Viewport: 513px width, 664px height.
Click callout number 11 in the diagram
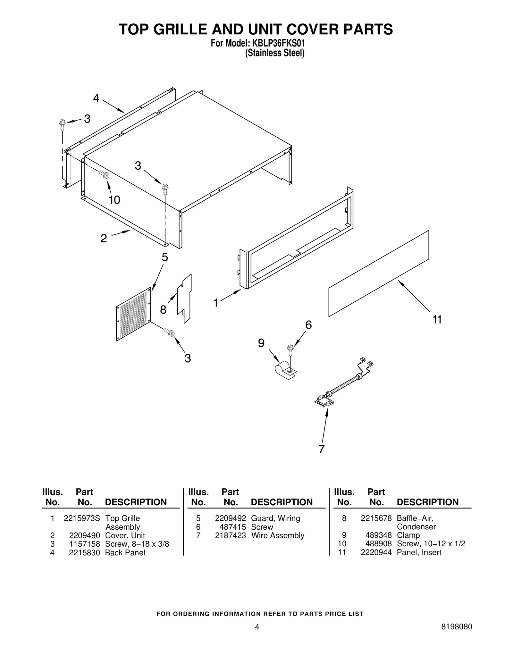pos(437,320)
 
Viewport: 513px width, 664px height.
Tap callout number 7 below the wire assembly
pos(321,450)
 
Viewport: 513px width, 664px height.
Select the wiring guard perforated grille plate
pos(134,314)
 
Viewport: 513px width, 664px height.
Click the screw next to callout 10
pos(104,175)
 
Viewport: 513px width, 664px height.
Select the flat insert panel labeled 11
pos(379,273)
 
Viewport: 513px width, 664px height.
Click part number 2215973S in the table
pos(82,518)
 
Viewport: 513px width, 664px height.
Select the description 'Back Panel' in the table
pos(125,552)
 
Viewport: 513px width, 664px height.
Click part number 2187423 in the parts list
pos(230,535)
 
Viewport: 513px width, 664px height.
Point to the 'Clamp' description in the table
pos(408,535)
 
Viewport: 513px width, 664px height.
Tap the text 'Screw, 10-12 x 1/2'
pos(431,544)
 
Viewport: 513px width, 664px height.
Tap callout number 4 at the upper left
pos(96,98)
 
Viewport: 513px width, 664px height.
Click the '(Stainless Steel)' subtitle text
pos(274,53)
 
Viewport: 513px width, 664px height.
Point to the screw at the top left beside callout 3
pos(62,124)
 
